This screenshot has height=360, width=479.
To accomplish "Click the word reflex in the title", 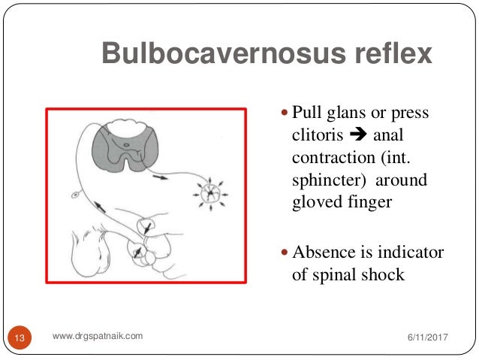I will [393, 54].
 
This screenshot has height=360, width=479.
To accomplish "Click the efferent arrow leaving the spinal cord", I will [161, 178].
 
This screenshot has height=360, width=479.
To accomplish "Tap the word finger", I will [369, 204].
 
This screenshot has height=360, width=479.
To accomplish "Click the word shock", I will [383, 274].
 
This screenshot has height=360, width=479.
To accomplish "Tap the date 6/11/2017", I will [422, 338].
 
